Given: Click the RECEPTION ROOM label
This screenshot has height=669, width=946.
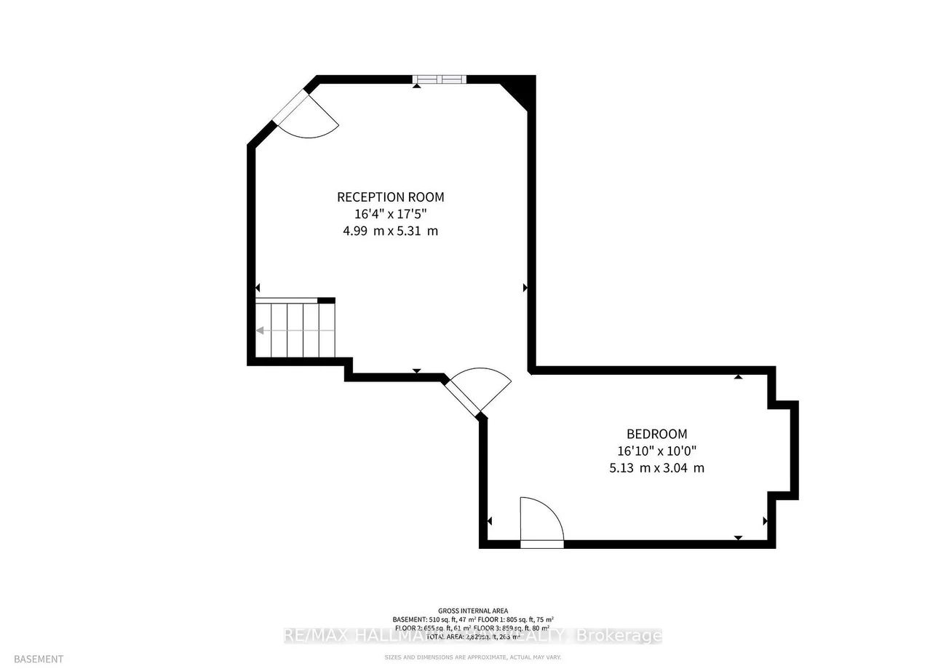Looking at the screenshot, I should [x=390, y=197].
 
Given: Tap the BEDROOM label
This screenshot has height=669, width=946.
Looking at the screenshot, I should [x=656, y=434].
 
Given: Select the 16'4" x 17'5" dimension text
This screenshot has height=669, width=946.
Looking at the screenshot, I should [x=390, y=214].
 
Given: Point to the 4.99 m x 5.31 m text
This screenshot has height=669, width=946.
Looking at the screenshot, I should [x=390, y=231].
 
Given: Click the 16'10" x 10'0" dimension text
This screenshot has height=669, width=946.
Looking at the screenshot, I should [x=656, y=451].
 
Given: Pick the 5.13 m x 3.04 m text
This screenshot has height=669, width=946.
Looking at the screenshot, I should [x=656, y=468].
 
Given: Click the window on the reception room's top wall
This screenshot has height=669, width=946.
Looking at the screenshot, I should [x=440, y=79].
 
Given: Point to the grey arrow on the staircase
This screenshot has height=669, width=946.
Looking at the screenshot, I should [x=260, y=330].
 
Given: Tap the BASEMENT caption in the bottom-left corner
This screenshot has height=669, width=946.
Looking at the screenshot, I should [x=38, y=659].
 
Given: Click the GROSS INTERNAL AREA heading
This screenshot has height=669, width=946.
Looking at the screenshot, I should [x=473, y=611].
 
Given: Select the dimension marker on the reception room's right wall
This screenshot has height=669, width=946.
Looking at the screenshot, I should [x=525, y=288].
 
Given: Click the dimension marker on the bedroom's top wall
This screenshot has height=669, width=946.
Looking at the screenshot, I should [x=738, y=376].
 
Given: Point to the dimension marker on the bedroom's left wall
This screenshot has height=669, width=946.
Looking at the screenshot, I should [x=489, y=521].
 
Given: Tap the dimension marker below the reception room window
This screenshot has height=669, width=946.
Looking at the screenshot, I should [x=416, y=86].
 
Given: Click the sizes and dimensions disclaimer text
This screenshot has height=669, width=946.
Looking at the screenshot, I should [x=473, y=657].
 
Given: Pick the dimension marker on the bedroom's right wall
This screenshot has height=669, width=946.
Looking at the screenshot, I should [x=765, y=521].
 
